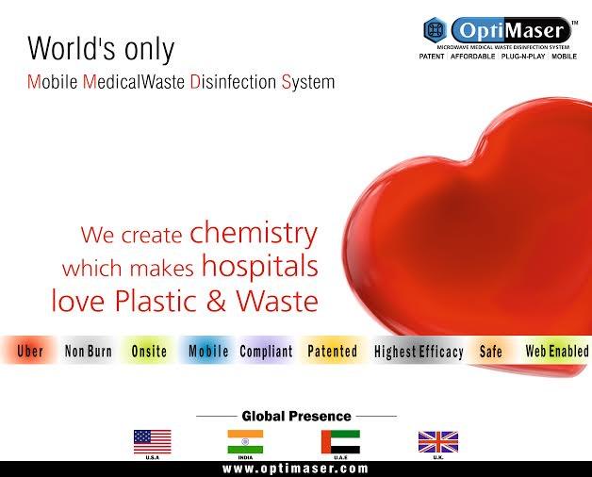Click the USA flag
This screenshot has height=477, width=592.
point(152,441)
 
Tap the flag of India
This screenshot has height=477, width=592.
point(245,441)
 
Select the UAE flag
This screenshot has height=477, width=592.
point(339,441)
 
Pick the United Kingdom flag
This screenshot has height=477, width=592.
point(437,441)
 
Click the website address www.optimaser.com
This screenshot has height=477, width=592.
point(295,469)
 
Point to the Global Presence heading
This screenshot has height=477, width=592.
point(296,416)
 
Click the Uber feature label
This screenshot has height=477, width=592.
point(30,352)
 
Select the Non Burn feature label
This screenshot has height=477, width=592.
point(89,352)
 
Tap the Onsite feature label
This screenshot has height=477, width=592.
point(149,352)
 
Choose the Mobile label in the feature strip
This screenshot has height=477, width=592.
point(208,352)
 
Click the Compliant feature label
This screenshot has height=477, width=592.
point(266,352)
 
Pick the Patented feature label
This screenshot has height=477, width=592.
point(332,352)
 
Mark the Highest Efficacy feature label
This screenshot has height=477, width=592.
point(419,353)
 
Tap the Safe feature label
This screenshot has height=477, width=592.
point(490,352)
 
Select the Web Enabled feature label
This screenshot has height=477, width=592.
point(556,352)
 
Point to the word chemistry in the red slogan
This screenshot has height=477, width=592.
point(254,233)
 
